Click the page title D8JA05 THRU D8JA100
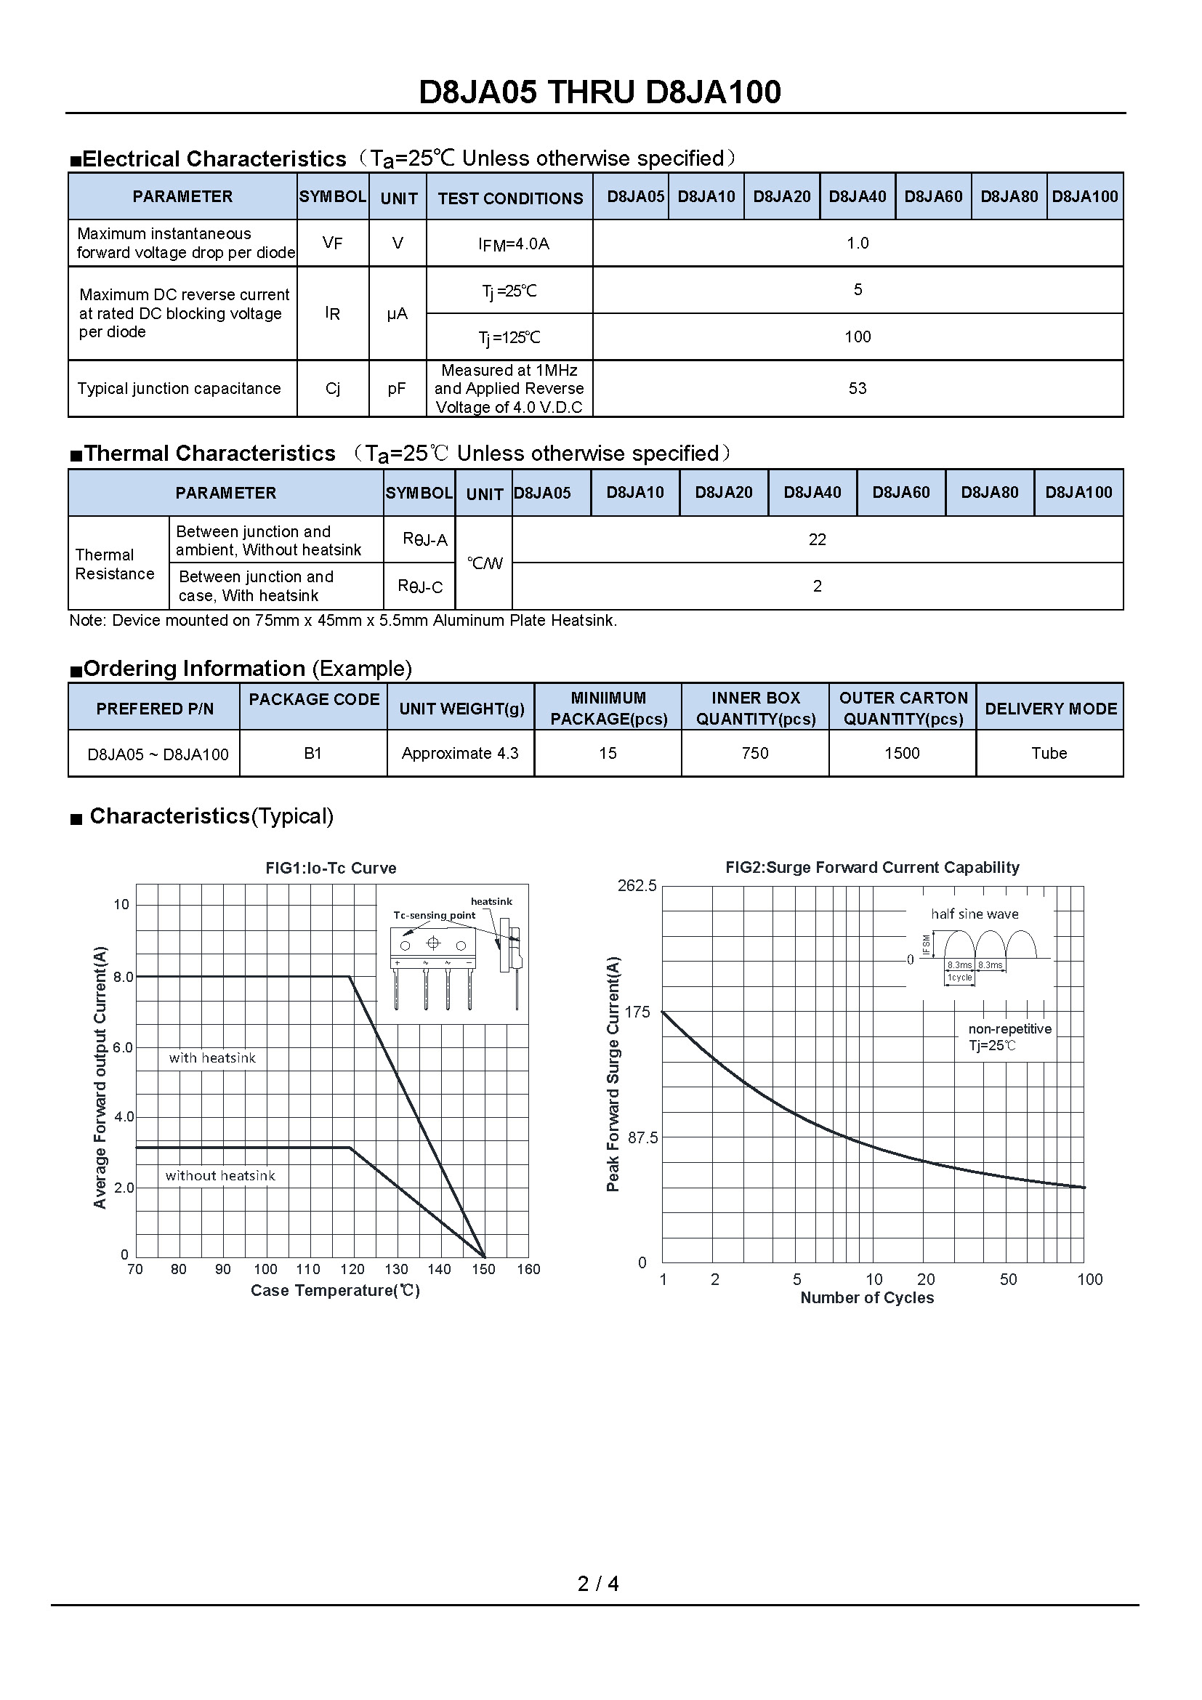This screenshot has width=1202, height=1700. tap(600, 92)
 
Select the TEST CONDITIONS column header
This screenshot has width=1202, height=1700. tap(510, 198)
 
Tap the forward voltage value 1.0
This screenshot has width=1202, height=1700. tap(857, 243)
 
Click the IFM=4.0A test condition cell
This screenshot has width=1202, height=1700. tap(513, 243)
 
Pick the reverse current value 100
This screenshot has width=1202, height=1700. tap(857, 337)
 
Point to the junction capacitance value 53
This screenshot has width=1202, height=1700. tap(857, 388)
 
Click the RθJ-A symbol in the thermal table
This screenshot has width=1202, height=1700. tap(424, 540)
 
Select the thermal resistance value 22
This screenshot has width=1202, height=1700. tap(817, 540)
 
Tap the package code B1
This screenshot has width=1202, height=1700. tap(313, 753)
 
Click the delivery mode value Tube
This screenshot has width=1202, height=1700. tap(1049, 753)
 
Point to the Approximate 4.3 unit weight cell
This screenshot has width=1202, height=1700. tap(459, 753)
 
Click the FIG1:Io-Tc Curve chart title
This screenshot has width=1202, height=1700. tap(331, 868)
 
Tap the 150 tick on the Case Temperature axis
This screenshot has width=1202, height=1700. tap(483, 1269)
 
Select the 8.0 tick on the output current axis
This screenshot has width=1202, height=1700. tap(124, 977)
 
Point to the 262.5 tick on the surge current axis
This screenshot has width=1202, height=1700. tap(637, 885)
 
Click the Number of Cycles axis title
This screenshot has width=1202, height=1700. tap(867, 1297)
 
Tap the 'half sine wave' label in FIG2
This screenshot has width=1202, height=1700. tap(974, 914)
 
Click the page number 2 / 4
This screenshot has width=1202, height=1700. tap(598, 1583)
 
